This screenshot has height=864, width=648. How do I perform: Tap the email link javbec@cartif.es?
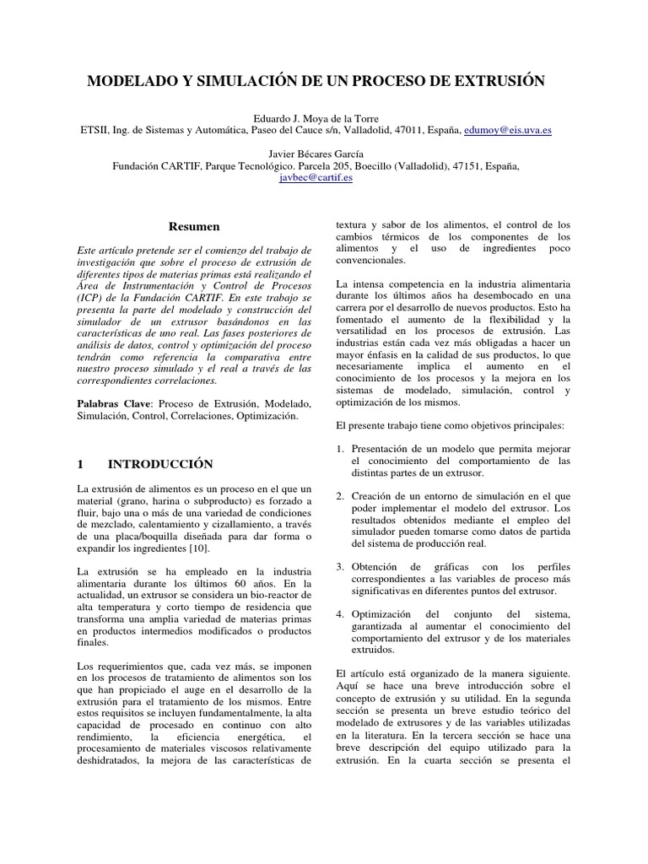316,178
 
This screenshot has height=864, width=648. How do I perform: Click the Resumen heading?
194,227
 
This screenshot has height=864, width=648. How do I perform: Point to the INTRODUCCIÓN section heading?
160,464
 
